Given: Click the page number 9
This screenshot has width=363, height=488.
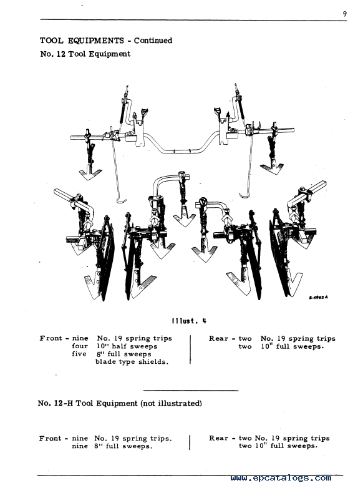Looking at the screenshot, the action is (x=345, y=14).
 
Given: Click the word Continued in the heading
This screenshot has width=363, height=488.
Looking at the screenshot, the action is (x=153, y=41).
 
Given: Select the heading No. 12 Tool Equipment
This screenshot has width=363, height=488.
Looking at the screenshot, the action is (x=85, y=54).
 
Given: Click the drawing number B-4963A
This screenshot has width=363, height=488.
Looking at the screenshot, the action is (x=318, y=297).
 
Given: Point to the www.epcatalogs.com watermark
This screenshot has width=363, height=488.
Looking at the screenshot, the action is (x=281, y=478).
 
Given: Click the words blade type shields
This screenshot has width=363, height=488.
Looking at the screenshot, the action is (x=132, y=362).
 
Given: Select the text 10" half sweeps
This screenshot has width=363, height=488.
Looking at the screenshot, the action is (x=127, y=346).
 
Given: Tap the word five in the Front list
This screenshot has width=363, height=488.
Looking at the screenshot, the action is (x=79, y=354).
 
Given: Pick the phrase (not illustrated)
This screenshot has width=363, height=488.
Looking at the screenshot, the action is (x=171, y=403).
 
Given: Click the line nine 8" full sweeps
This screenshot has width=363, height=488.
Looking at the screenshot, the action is (x=112, y=446).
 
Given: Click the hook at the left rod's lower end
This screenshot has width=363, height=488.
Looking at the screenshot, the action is (x=121, y=200).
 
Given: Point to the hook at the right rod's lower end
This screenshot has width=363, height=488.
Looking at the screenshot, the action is (x=244, y=195).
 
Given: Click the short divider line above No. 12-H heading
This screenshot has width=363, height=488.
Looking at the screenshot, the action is (x=191, y=390).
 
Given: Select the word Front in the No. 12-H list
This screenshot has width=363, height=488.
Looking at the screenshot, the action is (x=50, y=439).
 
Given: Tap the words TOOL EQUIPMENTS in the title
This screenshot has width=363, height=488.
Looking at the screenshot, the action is (x=82, y=41).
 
